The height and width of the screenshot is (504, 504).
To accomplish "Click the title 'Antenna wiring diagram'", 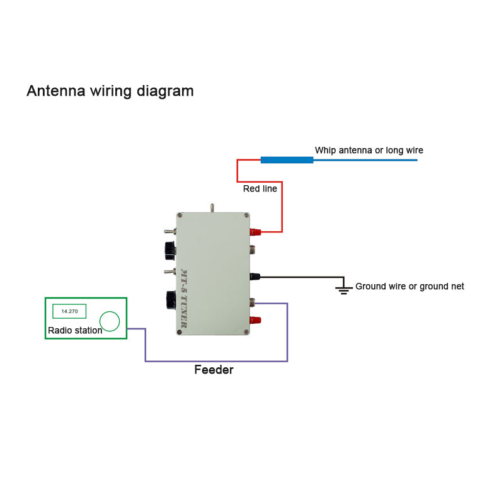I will [x=110, y=91].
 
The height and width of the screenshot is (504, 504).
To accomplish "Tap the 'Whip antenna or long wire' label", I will [x=369, y=150].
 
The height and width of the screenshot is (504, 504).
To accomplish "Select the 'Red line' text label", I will [x=260, y=188].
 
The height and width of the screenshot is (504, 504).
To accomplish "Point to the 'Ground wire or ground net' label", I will [x=409, y=286].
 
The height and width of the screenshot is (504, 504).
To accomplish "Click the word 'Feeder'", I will [x=214, y=370].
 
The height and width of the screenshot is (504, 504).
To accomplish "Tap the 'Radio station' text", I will [x=75, y=330].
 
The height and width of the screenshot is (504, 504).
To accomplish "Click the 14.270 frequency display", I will [x=69, y=311].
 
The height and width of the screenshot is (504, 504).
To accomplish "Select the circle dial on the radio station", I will [x=110, y=321].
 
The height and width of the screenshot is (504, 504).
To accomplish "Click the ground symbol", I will [x=343, y=289].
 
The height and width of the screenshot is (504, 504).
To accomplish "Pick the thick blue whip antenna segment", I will [x=287, y=160].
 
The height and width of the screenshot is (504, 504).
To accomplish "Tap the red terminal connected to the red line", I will [x=256, y=232].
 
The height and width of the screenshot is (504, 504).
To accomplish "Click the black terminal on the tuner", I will [x=255, y=276].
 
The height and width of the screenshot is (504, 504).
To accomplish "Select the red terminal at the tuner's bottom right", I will [x=255, y=320].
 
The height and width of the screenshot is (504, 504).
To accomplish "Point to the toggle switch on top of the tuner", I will [x=212, y=207].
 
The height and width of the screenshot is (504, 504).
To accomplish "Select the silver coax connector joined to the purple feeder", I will [x=253, y=302].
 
